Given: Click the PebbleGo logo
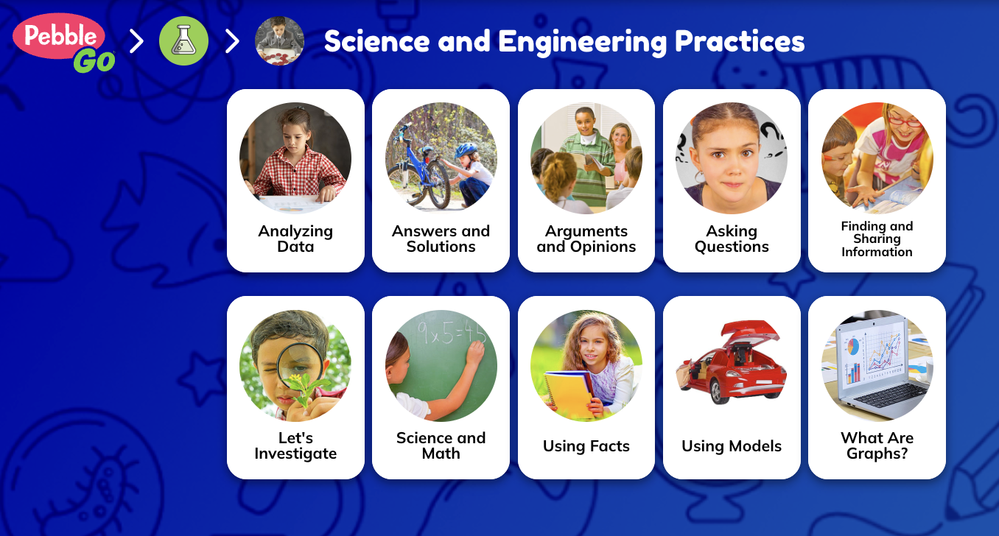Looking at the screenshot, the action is click(64, 42).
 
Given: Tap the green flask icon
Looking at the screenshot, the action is click(183, 41).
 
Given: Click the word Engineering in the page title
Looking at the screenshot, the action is click(582, 42).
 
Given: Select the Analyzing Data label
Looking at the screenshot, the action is click(295, 239).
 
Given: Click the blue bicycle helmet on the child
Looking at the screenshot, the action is click(466, 149).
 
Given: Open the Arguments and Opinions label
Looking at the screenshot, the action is click(586, 239).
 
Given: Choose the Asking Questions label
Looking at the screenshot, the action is click(732, 239).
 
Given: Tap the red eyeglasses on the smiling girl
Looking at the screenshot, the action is click(905, 118).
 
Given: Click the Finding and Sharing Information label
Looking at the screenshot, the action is click(877, 239).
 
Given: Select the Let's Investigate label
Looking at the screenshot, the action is click(295, 445).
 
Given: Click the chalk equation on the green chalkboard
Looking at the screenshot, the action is click(449, 331).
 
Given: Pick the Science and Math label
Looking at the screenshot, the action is click(441, 445).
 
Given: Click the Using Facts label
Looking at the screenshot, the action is click(586, 446).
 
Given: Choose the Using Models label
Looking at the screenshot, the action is click(732, 446).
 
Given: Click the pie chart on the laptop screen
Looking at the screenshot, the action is click(852, 347).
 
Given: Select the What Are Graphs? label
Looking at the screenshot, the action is click(877, 445).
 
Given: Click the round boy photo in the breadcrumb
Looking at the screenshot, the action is click(279, 41).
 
